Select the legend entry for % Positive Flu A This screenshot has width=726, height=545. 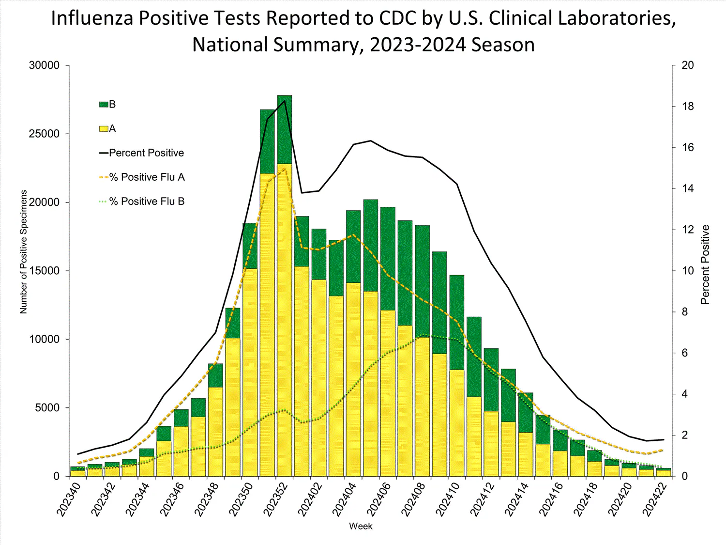pyautogui.click(x=147, y=177)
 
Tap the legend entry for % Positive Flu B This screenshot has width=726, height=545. pyautogui.click(x=147, y=202)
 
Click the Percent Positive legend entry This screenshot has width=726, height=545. pyautogui.click(x=146, y=153)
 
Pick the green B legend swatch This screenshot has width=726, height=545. pyautogui.click(x=104, y=105)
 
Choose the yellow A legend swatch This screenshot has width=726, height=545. pyautogui.click(x=104, y=129)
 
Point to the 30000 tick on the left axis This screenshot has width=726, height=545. pyautogui.click(x=44, y=65)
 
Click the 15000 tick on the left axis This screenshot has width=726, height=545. pyautogui.click(x=44, y=271)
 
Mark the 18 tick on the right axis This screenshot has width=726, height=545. pyautogui.click(x=687, y=107)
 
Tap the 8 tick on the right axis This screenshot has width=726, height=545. pyautogui.click(x=684, y=312)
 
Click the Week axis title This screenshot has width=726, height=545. pyautogui.click(x=361, y=526)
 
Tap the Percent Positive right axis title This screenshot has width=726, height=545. pyautogui.click(x=705, y=265)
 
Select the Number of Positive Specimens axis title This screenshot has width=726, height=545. pyautogui.click(x=24, y=252)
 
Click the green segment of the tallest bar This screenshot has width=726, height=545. pyautogui.click(x=285, y=129)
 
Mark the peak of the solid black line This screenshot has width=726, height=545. pyautogui.click(x=285, y=101)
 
